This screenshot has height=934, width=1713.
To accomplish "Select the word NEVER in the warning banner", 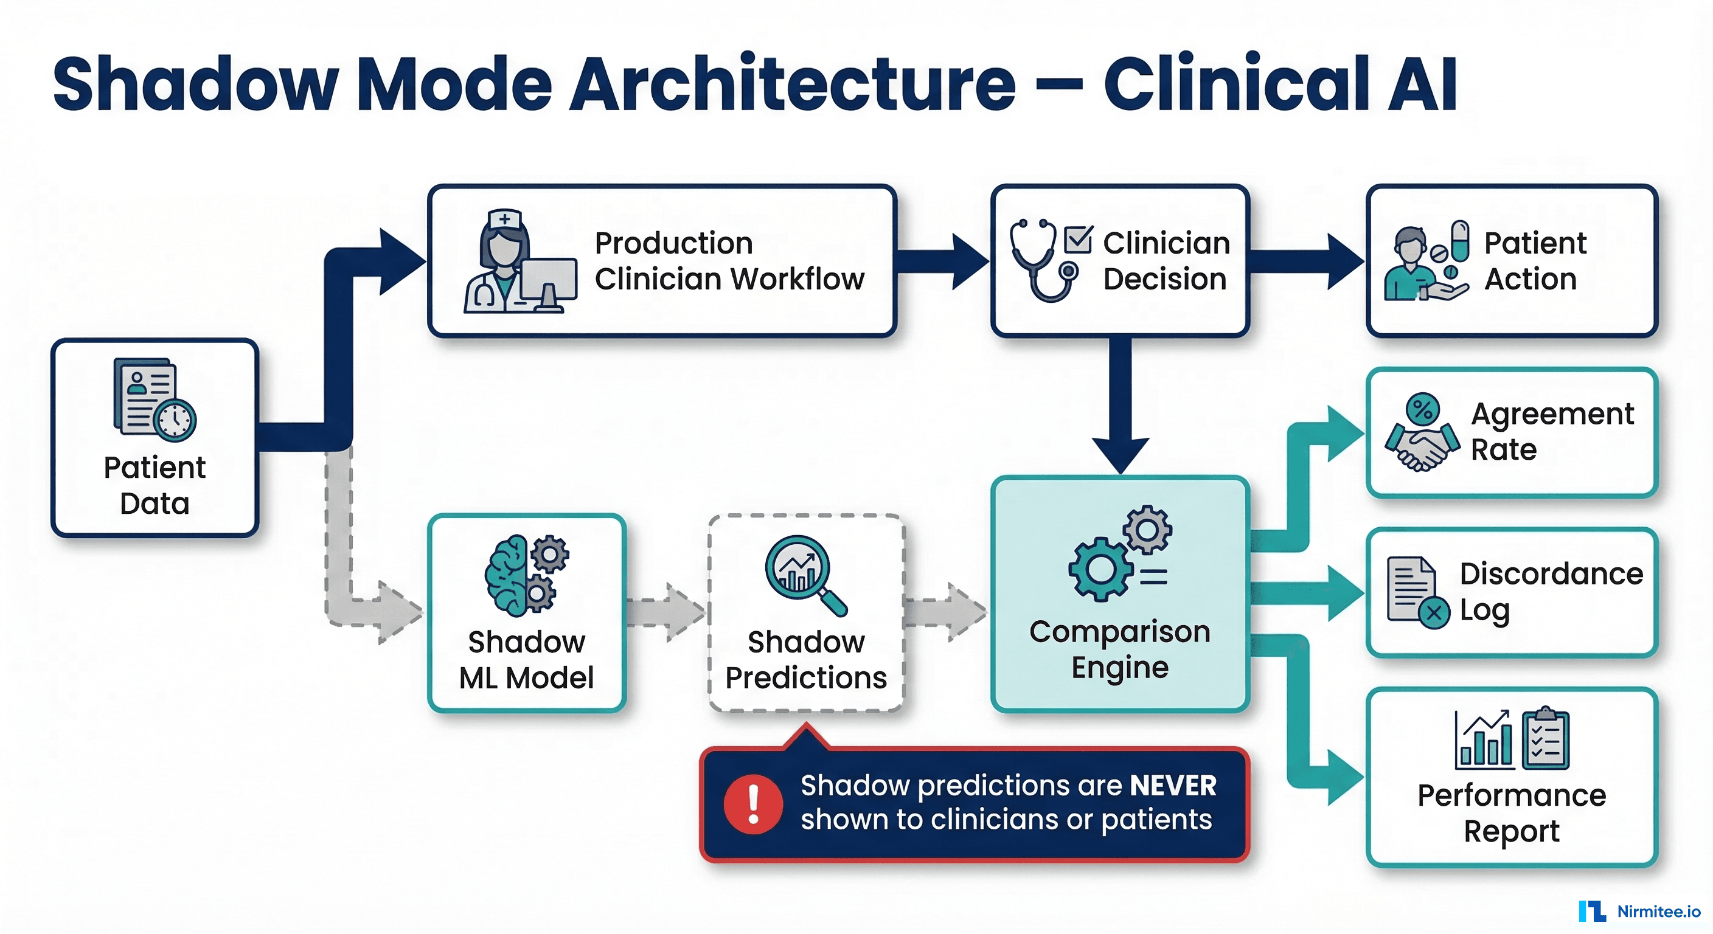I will point(1173,786).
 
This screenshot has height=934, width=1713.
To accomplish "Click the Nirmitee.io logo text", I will point(1658,912).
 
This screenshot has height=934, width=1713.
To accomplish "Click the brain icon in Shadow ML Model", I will point(507,575).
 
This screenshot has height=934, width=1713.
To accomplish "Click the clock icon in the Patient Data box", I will point(175,420).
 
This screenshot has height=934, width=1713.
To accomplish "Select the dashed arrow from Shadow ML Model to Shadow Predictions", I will point(665,612).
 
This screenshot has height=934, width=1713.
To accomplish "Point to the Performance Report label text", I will point(1512,813).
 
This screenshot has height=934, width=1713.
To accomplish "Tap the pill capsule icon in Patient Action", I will point(1461,241).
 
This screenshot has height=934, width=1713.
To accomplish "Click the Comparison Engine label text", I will point(1120,649).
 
